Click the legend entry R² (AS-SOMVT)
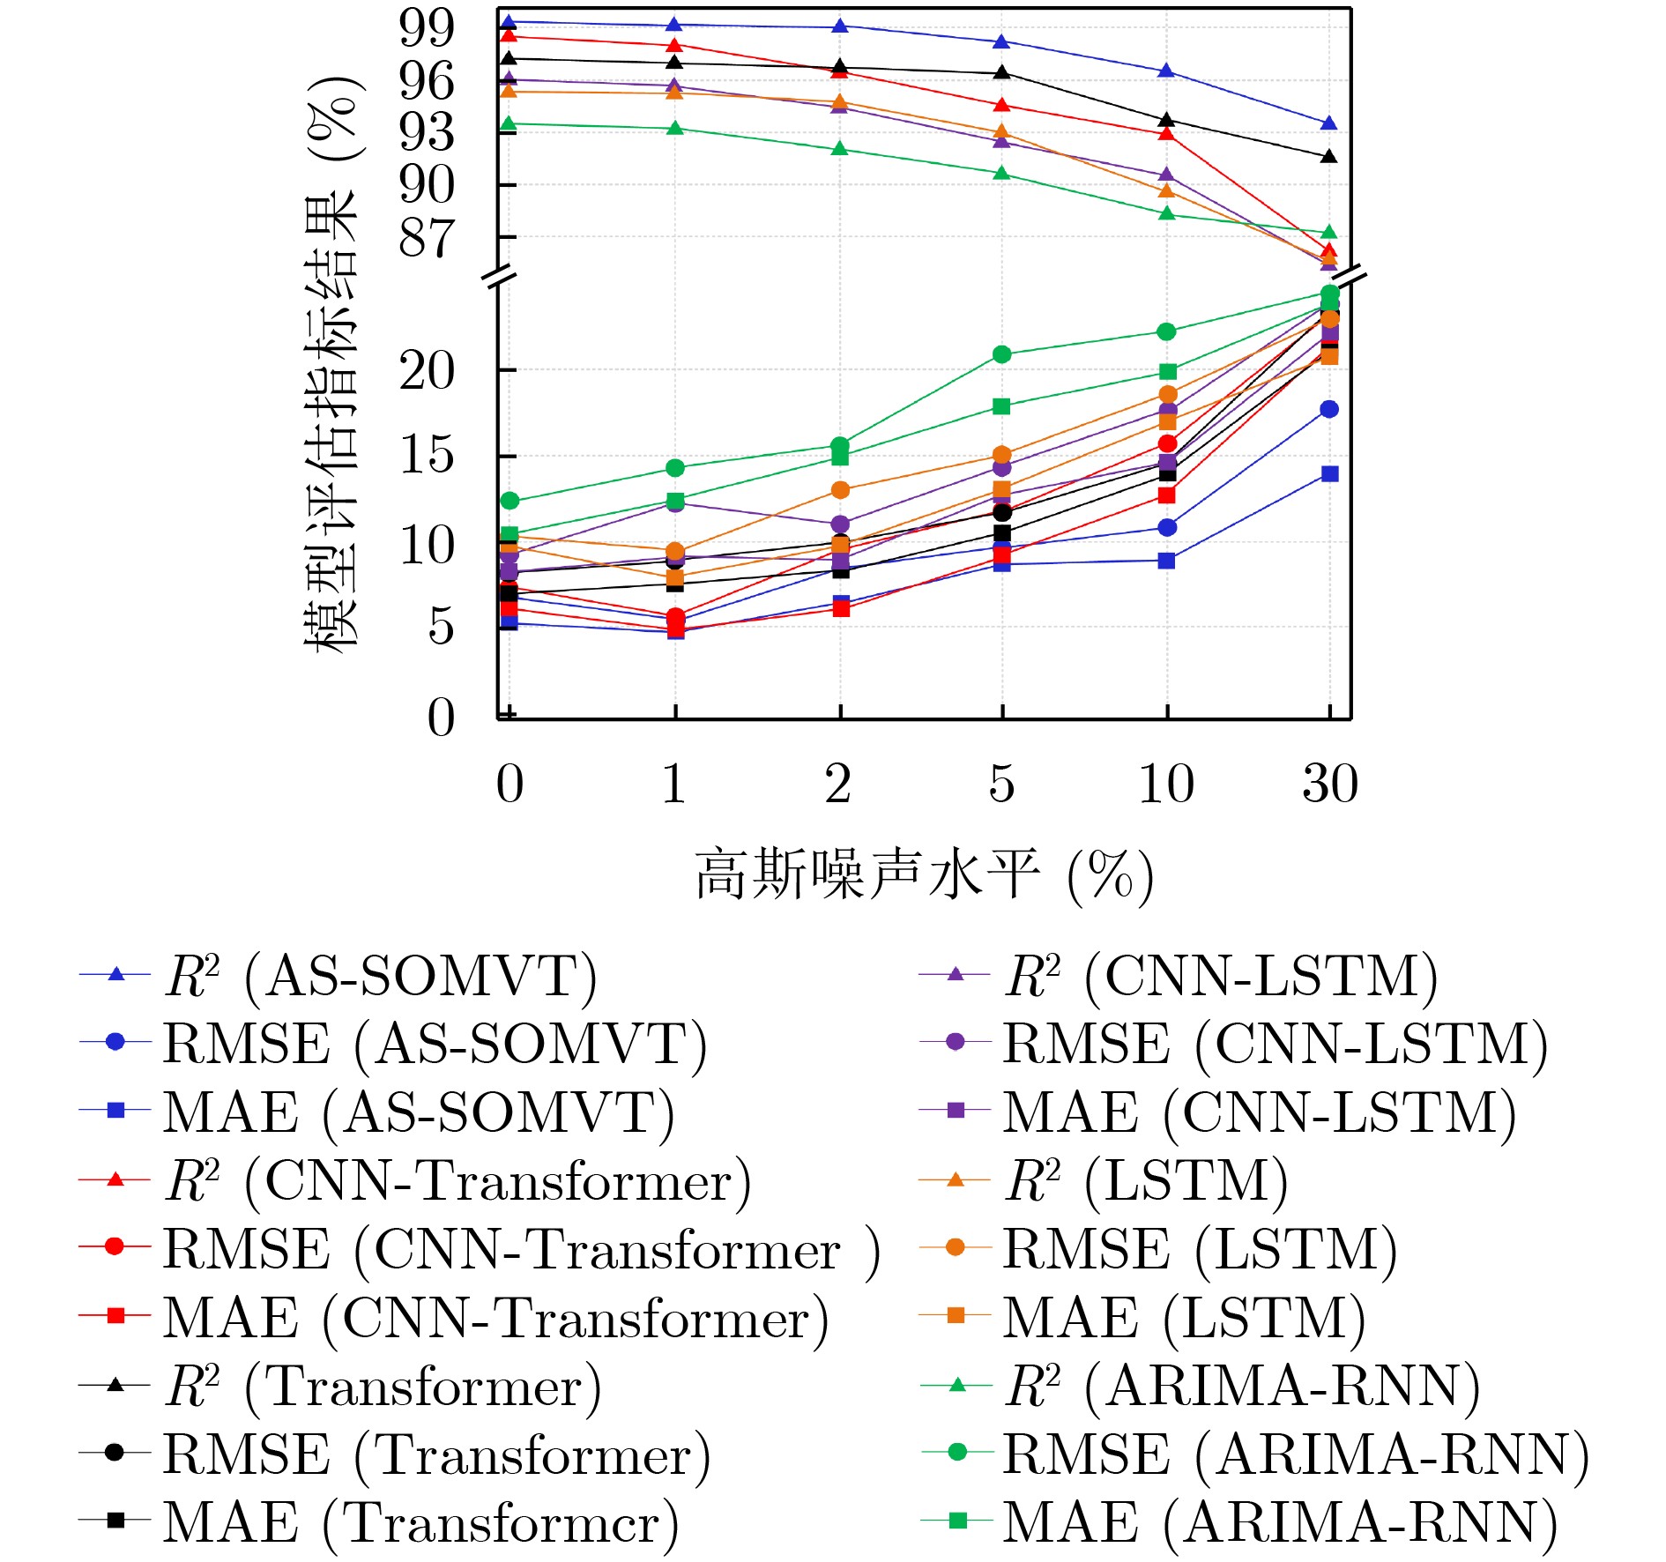[379, 976]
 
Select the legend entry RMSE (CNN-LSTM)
[1274, 1044]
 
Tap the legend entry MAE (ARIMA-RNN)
[1279, 1522]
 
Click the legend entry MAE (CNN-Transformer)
[495, 1318]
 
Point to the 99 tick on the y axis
[427, 27]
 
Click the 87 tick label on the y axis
[427, 237]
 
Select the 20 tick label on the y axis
[427, 370]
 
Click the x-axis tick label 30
[1330, 783]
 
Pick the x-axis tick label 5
[1001, 783]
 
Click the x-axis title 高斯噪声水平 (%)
[924, 875]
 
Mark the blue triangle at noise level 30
[1329, 123]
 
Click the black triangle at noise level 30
[1329, 157]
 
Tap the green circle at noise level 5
[1002, 354]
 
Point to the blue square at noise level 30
[1330, 474]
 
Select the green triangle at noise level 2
[840, 149]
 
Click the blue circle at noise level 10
[1167, 527]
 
